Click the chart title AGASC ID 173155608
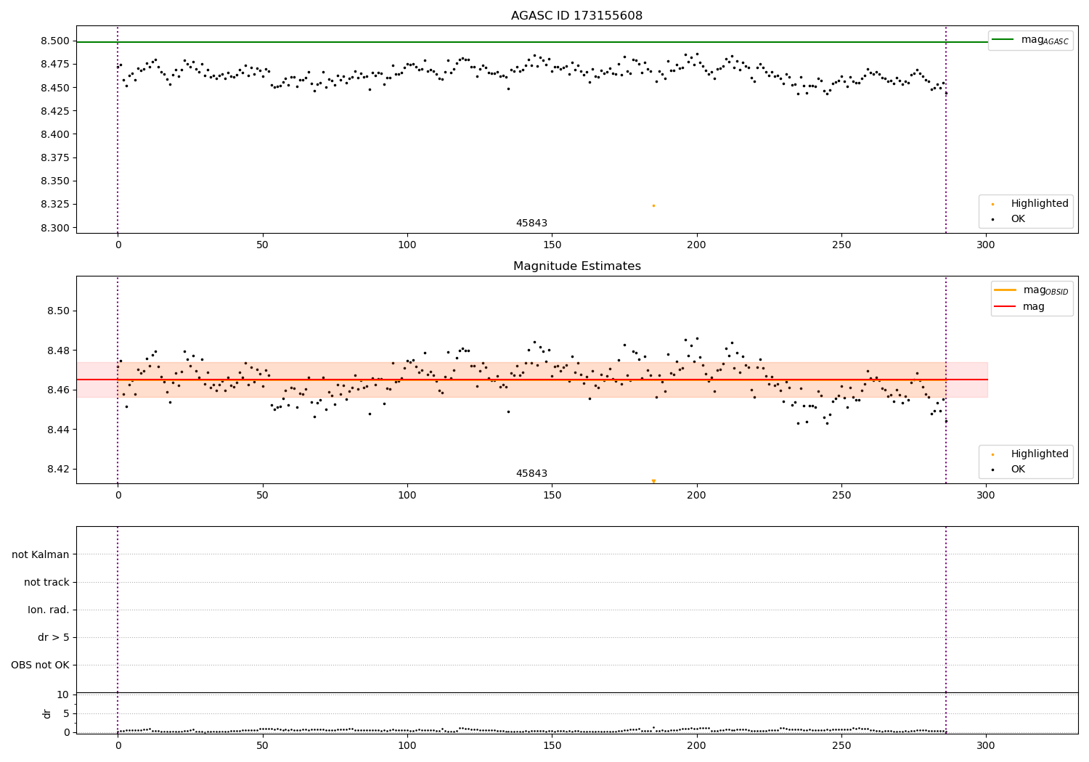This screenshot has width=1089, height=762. coord(576,16)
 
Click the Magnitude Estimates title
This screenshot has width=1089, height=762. coord(576,266)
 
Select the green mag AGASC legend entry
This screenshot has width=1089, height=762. coord(1030,40)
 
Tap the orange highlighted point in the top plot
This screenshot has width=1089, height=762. coord(653,205)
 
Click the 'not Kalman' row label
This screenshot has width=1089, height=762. coord(41,555)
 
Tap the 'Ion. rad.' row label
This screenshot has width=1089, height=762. coord(49,610)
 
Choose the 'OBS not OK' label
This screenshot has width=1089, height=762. coord(40,665)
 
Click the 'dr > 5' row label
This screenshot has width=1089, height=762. coord(54,638)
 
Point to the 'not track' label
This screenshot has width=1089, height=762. coord(46,583)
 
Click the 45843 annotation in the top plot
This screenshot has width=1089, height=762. coord(531,224)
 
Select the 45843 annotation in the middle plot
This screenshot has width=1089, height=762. coord(531,474)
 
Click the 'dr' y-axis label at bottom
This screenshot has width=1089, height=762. coord(47,713)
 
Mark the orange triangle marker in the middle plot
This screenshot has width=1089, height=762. coord(653,481)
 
